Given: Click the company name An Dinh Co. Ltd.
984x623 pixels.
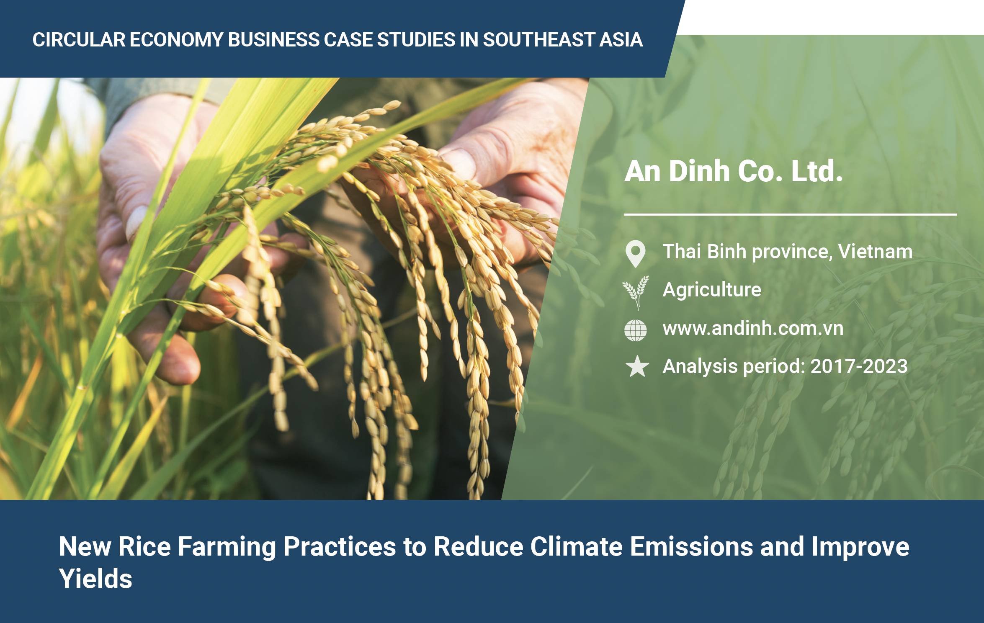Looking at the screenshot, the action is coord(733,172).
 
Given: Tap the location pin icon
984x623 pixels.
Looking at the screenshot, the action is coord(635,253).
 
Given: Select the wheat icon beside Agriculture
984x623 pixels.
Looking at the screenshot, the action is coord(636,293).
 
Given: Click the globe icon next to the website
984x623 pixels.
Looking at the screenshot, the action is coord(635,330).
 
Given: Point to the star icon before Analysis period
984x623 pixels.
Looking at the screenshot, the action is coord(637,366).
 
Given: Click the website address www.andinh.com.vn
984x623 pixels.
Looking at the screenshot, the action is coord(753,328).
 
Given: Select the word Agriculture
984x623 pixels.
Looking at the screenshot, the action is coord(712,290).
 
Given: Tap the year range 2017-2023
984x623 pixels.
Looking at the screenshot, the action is coord(859,366).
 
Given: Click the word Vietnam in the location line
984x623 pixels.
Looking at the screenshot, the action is coord(875,252).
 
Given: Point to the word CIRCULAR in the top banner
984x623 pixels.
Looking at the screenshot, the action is coord(78,40).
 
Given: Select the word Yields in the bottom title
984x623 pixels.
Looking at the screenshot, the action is coord(95,579).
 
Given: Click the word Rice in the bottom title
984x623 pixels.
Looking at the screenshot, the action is coord(144,546).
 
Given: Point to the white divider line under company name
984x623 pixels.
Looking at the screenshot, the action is coord(791,215).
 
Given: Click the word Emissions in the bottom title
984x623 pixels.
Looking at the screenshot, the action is coord(691,546).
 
